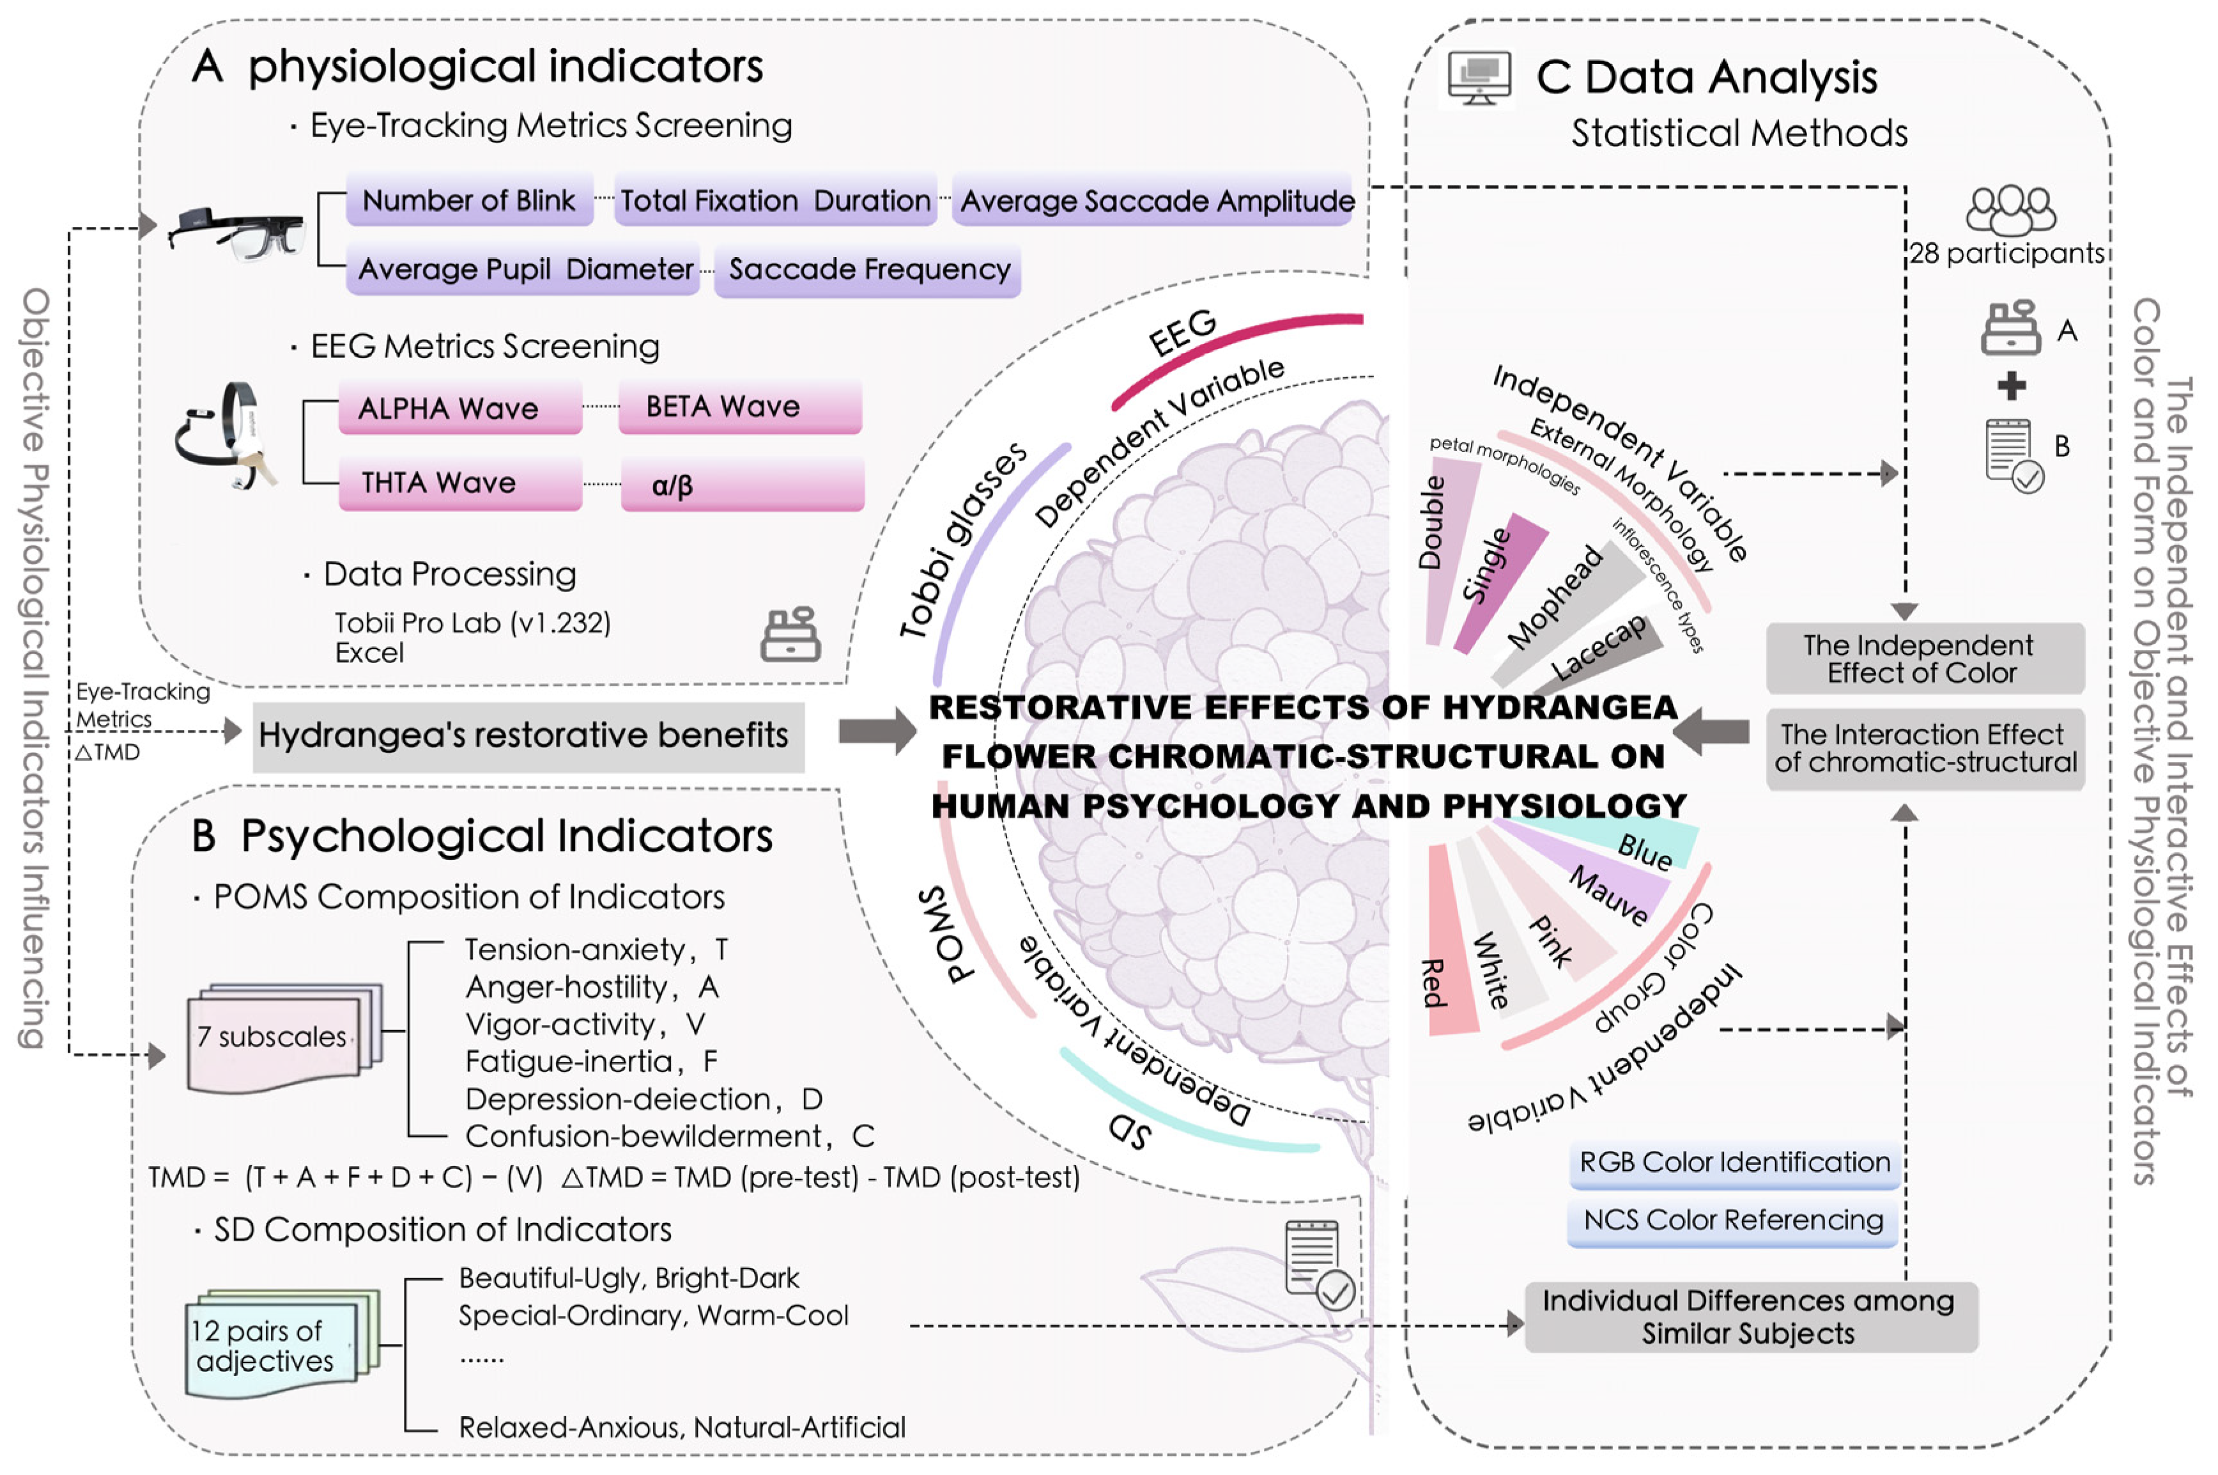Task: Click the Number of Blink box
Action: (x=469, y=200)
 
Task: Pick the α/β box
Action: (x=742, y=485)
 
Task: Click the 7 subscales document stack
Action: (x=282, y=1038)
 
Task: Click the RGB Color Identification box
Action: (x=1733, y=1164)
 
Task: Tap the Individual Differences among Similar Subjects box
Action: (x=1750, y=1317)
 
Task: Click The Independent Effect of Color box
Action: (x=1923, y=659)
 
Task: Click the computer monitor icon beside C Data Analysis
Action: (x=1479, y=77)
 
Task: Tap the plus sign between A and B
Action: (x=2011, y=386)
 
